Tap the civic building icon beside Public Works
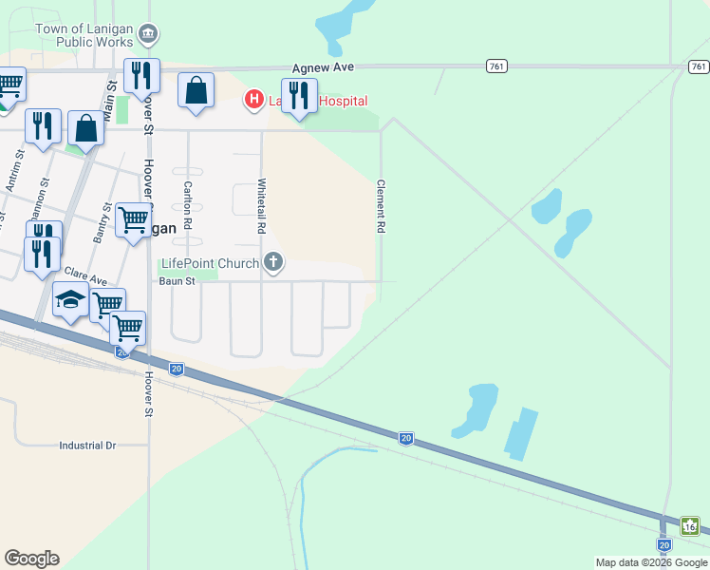pyautogui.click(x=148, y=36)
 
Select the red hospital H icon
pyautogui.click(x=253, y=98)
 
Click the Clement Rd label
pyautogui.click(x=381, y=207)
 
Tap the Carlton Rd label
pyautogui.click(x=188, y=204)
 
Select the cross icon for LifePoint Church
pyautogui.click(x=273, y=261)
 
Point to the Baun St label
pyautogui.click(x=177, y=281)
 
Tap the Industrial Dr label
pyautogui.click(x=86, y=445)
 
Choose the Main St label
pyautogui.click(x=110, y=99)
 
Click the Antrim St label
pyautogui.click(x=12, y=177)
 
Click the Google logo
pyautogui.click(x=31, y=559)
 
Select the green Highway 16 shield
pyautogui.click(x=690, y=525)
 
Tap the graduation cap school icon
pyautogui.click(x=70, y=300)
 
